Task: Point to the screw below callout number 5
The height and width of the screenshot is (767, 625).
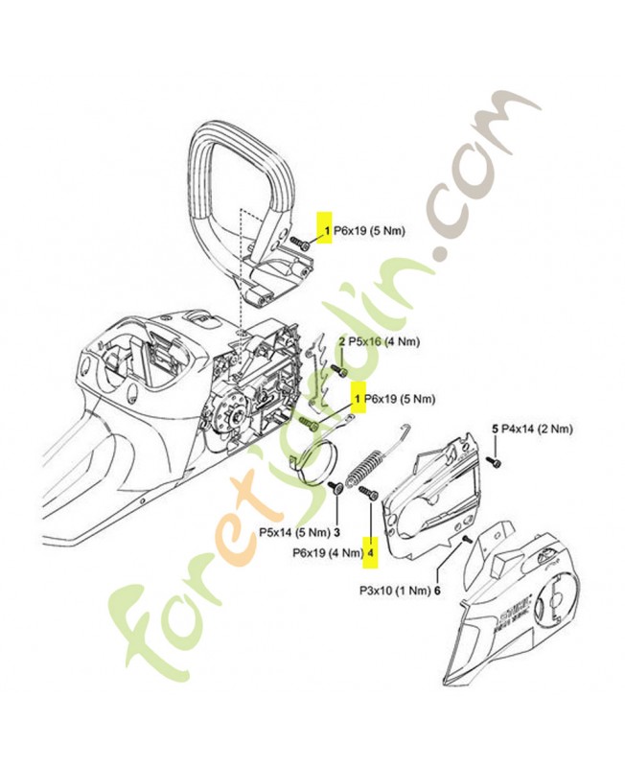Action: tap(498, 463)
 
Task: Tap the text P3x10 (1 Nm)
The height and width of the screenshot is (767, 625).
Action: tap(394, 591)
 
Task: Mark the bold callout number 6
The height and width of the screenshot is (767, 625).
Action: tap(437, 591)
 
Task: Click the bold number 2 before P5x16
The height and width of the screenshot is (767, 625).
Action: tap(341, 341)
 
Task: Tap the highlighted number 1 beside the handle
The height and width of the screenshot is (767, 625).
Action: tap(326, 231)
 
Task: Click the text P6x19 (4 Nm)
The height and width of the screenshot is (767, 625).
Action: tap(326, 552)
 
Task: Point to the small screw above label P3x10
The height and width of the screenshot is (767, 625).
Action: tap(466, 542)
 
